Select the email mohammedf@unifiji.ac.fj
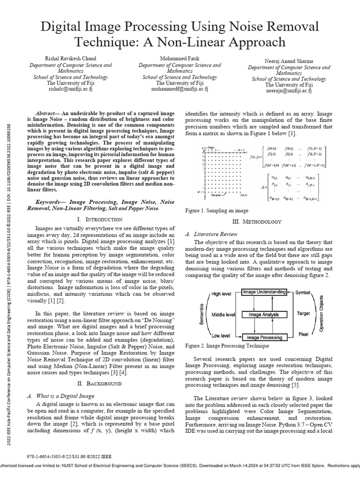pos(180,88)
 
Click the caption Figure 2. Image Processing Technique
pos(227,346)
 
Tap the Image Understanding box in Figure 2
pos(264,292)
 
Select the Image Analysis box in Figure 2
pos(264,315)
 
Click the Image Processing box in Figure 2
pos(264,337)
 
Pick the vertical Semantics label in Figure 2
pos(202,314)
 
